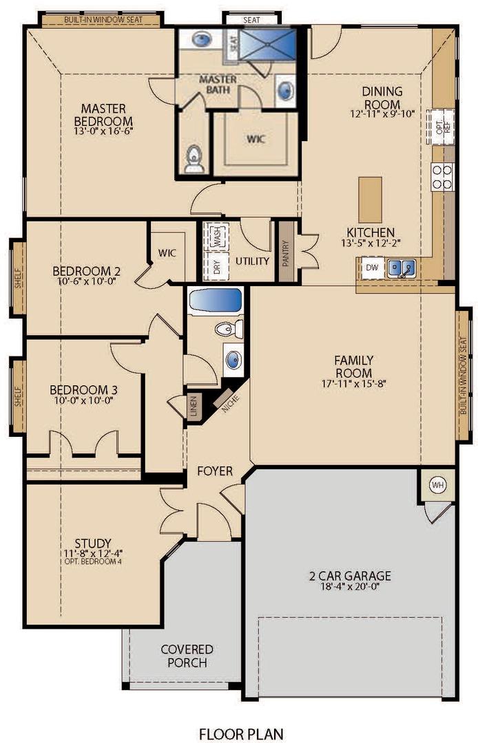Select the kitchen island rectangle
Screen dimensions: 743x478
click(x=370, y=198)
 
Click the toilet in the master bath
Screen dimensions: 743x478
click(x=194, y=160)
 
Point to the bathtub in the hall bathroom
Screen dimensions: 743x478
click(x=216, y=301)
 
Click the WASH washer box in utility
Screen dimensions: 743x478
click(x=217, y=238)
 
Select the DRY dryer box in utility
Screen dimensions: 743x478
click(x=217, y=267)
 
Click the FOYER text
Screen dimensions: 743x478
click(x=215, y=471)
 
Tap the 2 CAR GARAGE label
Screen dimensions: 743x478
click(x=350, y=576)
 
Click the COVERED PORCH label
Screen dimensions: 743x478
click(x=187, y=656)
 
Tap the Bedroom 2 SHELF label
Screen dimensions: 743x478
click(x=18, y=279)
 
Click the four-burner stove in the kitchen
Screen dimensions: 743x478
click(x=442, y=176)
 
